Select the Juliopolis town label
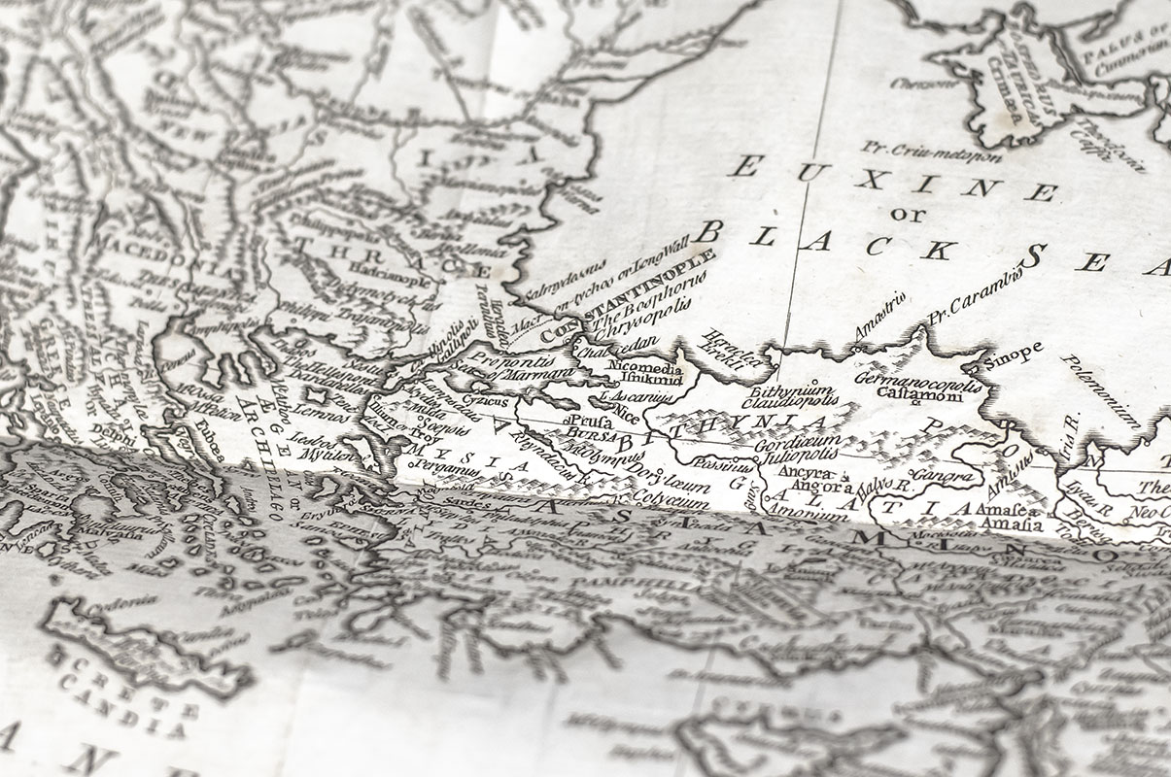[x=787, y=456]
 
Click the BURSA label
[x=588, y=433]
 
